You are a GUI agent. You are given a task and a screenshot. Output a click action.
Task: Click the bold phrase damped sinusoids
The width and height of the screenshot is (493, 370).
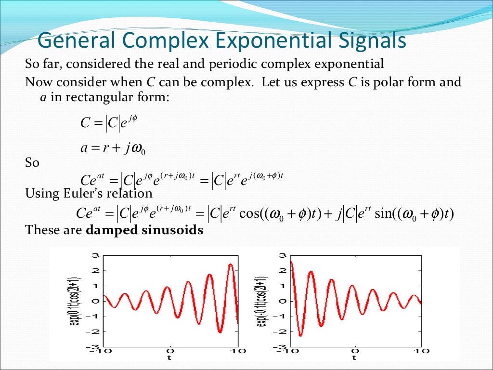144,230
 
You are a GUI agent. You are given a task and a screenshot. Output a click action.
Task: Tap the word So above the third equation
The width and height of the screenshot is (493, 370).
32,163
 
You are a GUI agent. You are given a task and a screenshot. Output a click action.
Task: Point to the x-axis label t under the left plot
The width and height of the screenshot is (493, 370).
169,358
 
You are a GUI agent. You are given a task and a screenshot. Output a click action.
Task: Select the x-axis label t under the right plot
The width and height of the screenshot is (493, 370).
355,358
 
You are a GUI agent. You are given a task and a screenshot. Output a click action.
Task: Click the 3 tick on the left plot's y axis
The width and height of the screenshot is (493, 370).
96,255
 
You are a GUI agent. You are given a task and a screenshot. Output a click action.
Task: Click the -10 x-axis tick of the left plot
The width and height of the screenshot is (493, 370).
103,351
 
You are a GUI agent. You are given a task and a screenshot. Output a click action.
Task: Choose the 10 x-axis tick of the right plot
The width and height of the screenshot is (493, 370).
422,351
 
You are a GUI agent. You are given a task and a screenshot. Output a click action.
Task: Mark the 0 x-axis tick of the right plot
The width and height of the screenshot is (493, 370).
355,351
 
